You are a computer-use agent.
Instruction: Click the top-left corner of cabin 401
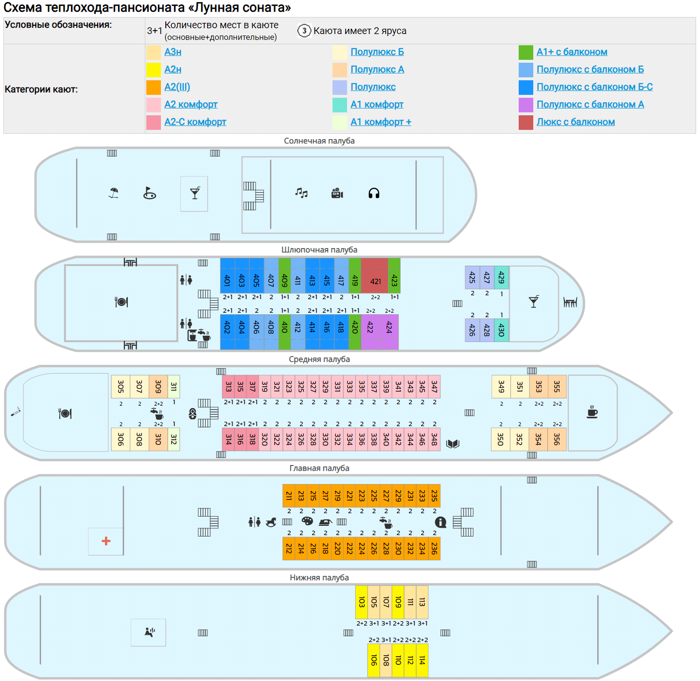point(221,258)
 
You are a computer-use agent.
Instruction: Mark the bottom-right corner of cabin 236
point(440,560)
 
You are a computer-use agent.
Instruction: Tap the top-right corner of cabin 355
point(566,376)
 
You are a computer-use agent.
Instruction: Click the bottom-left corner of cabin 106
point(367,677)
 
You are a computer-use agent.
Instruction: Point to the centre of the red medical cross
point(106,541)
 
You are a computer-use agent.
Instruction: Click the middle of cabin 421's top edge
point(374,258)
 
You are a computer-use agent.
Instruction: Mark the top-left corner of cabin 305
point(111,376)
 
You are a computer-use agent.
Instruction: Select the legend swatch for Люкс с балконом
point(526,123)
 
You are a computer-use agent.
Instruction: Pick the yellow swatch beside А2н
point(154,70)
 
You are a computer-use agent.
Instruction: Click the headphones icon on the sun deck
point(374,194)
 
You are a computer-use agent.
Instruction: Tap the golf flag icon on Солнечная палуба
point(150,193)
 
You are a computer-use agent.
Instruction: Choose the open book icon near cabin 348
point(453,444)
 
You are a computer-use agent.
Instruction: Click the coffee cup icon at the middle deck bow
point(592,412)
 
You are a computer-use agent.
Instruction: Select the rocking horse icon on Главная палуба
point(271,522)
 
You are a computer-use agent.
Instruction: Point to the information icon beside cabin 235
point(440,522)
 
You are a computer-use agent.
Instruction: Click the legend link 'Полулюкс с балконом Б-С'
point(595,87)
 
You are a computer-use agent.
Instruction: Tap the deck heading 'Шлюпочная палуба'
point(319,250)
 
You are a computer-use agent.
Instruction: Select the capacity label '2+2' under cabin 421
point(376,297)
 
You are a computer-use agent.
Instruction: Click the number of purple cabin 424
point(389,327)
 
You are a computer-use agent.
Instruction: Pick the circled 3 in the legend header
point(304,31)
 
